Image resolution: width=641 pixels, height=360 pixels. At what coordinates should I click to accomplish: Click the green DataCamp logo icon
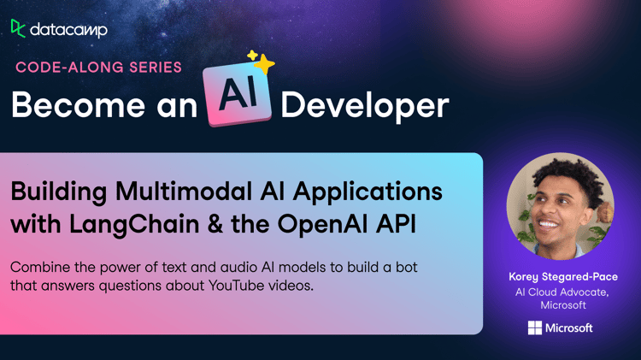18,28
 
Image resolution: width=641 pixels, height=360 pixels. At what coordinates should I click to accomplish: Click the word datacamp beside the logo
68,29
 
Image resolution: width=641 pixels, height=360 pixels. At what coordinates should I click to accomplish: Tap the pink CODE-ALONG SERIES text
98,67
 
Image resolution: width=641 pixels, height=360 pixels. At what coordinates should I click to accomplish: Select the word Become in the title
78,104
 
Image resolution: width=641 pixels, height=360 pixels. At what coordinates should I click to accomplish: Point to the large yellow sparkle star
265,64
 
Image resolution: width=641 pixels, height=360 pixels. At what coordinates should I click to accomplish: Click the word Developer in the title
365,106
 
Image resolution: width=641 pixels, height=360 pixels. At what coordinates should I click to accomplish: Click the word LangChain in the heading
134,224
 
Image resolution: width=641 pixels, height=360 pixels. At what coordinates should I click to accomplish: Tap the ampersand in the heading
215,224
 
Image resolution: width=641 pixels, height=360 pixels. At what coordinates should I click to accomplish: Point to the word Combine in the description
40,267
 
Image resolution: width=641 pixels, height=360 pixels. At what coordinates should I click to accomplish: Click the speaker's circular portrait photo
560,206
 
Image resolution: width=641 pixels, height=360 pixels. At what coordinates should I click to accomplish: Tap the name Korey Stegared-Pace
563,276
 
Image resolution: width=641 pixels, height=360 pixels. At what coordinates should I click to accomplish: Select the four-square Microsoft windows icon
535,328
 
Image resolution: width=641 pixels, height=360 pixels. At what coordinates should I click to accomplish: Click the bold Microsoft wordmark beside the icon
568,328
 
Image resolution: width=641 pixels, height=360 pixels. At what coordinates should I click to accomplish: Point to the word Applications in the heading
368,192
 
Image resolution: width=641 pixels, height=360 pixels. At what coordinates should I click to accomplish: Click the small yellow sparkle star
253,55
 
